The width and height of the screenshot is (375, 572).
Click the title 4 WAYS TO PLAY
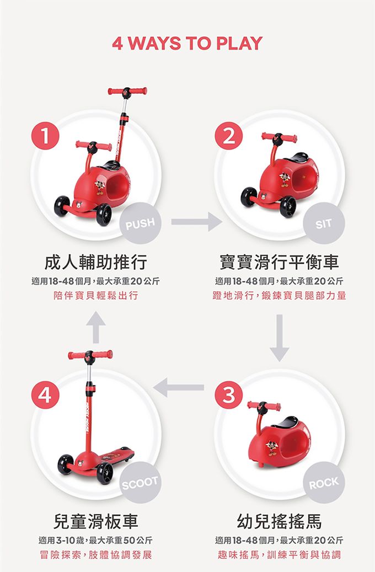(187, 43)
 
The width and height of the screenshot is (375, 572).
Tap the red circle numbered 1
(45, 136)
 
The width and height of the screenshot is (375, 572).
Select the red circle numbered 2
(229, 136)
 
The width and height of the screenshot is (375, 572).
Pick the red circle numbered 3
(229, 395)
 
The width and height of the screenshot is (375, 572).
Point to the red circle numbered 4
(45, 395)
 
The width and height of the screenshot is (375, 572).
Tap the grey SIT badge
(324, 223)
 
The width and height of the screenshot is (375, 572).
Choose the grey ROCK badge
(324, 483)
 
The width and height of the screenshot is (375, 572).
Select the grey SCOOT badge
(141, 483)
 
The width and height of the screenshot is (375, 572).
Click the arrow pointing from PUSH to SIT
(196, 221)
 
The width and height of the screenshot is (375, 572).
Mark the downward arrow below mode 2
(280, 338)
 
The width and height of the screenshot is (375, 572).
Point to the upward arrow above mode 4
(96, 327)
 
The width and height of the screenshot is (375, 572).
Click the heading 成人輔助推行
(95, 261)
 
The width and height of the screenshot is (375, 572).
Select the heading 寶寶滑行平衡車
(279, 261)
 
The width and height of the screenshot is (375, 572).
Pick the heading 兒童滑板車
(95, 521)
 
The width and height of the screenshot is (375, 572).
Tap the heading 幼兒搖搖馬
(279, 521)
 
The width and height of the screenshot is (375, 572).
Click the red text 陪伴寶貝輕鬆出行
(95, 296)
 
